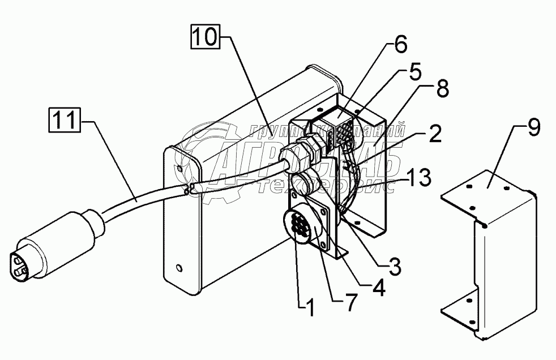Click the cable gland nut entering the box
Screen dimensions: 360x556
[305, 156]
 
